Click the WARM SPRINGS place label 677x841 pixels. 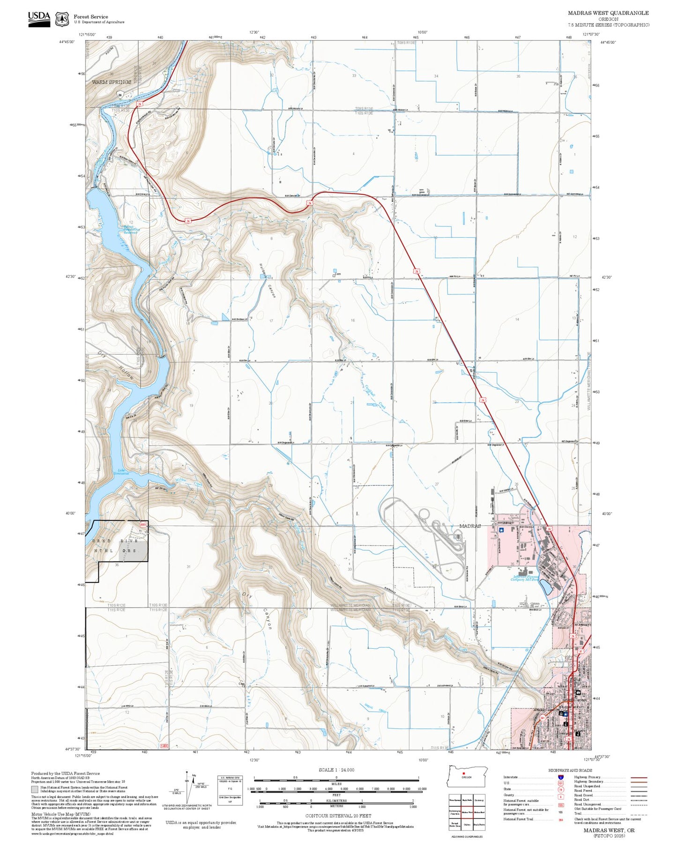click(x=112, y=82)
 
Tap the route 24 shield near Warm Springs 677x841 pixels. click(x=120, y=95)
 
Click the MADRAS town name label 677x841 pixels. click(x=470, y=526)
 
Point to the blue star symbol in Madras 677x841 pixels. click(x=501, y=530)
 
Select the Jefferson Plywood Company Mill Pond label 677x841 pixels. click(x=527, y=578)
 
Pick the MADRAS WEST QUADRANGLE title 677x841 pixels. click(x=608, y=13)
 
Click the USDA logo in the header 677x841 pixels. click(x=39, y=19)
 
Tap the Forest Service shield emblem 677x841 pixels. click(x=61, y=19)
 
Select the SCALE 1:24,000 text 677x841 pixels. click(x=336, y=770)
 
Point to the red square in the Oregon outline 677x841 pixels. click(x=463, y=773)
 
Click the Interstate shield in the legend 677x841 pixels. click(x=561, y=777)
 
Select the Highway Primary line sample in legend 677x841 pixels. click(x=639, y=778)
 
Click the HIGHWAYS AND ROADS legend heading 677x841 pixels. click(x=570, y=770)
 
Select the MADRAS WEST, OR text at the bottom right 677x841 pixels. click(x=609, y=830)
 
